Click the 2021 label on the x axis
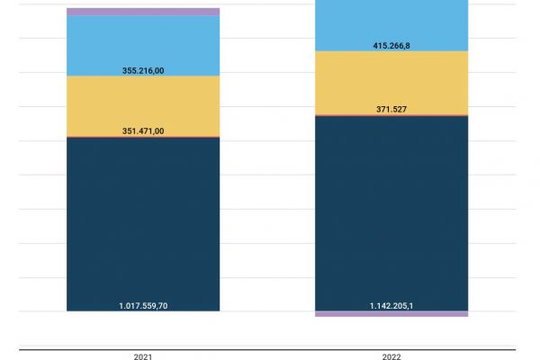(143, 356)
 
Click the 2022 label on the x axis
(391, 356)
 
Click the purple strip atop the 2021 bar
(143, 12)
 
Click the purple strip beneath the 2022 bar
(391, 314)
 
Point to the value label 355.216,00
(143, 69)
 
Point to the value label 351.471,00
(143, 130)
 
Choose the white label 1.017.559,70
(143, 306)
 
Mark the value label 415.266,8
(391, 45)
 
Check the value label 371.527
(391, 109)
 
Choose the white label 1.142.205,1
(391, 306)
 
